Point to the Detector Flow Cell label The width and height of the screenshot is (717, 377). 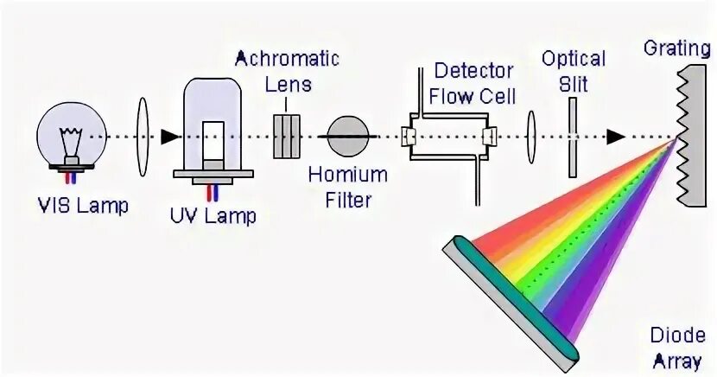click(473, 82)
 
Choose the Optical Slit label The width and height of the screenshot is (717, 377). click(574, 71)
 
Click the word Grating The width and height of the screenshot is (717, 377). click(676, 47)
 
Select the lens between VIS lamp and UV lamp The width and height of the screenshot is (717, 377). click(143, 137)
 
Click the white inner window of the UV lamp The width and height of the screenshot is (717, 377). click(213, 138)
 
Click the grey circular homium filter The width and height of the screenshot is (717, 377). click(349, 137)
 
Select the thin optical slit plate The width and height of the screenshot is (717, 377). click(573, 137)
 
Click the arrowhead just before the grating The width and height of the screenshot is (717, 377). click(615, 137)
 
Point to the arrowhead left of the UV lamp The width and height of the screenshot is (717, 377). click(170, 137)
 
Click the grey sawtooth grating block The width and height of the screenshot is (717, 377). click(695, 130)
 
